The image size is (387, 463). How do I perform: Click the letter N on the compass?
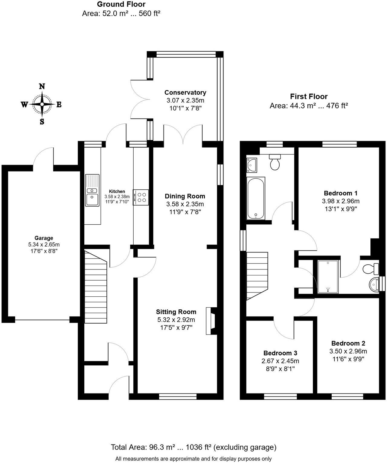pos(42,86)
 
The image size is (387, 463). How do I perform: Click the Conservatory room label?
pos(185,93)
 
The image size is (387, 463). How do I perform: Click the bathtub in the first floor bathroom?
pos(256,198)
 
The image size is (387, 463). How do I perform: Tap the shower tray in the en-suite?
pos(328,276)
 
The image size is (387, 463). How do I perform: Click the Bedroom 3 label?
pos(280,353)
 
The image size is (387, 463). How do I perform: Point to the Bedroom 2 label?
pos(348,343)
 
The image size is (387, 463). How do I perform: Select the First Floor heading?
pos(309,96)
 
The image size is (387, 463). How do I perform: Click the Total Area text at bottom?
pos(193,447)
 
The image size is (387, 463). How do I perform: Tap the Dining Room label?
pos(185,196)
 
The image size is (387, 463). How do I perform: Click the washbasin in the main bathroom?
pos(252,165)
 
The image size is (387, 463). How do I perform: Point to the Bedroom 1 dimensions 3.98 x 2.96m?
pos(340,201)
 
